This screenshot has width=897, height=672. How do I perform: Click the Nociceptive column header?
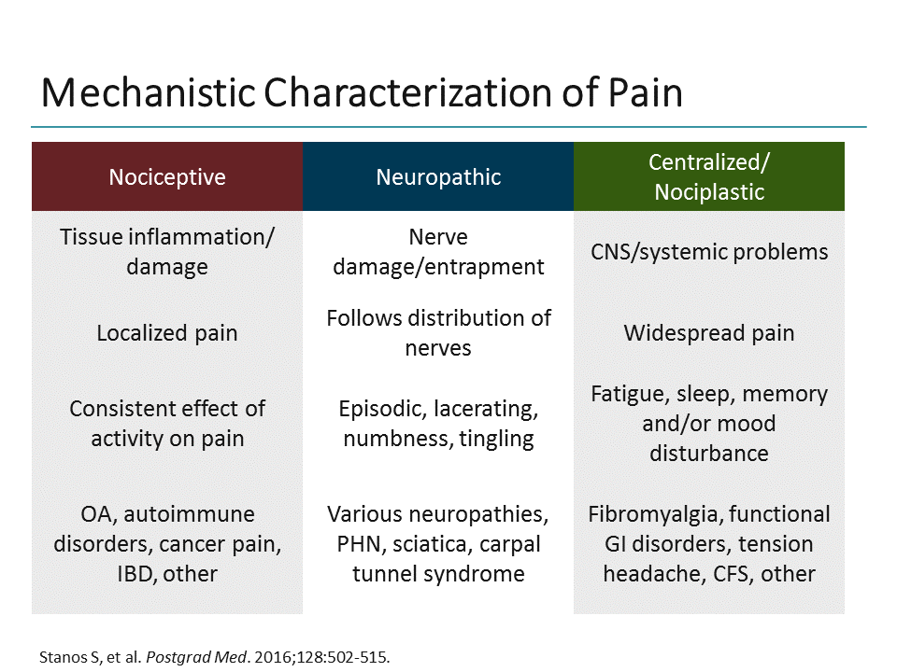tap(167, 177)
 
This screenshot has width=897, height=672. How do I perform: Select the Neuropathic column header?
tap(438, 177)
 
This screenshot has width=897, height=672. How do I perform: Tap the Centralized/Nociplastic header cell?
tap(709, 177)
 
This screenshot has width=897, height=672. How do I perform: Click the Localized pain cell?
tap(167, 333)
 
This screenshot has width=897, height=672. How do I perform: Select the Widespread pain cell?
tap(709, 333)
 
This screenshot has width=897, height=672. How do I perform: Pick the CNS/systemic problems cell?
tap(709, 252)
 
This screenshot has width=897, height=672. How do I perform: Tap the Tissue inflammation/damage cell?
tap(167, 252)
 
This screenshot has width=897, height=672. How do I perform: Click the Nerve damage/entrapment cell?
tap(438, 252)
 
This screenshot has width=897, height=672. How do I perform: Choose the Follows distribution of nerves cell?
tap(438, 333)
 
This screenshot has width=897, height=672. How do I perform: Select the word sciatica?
tap(426, 544)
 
